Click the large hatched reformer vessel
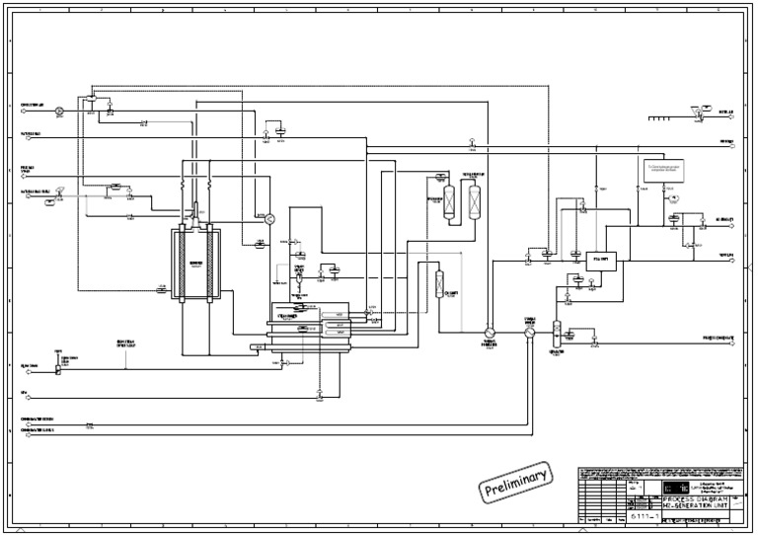tap(195, 264)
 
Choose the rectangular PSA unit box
tap(600, 261)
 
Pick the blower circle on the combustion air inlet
tap(59, 111)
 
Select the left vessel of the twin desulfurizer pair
tap(450, 201)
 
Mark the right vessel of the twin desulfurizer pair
tap(475, 201)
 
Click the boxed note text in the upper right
tap(662, 170)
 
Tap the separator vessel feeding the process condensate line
tap(557, 331)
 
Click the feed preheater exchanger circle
tap(489, 334)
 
